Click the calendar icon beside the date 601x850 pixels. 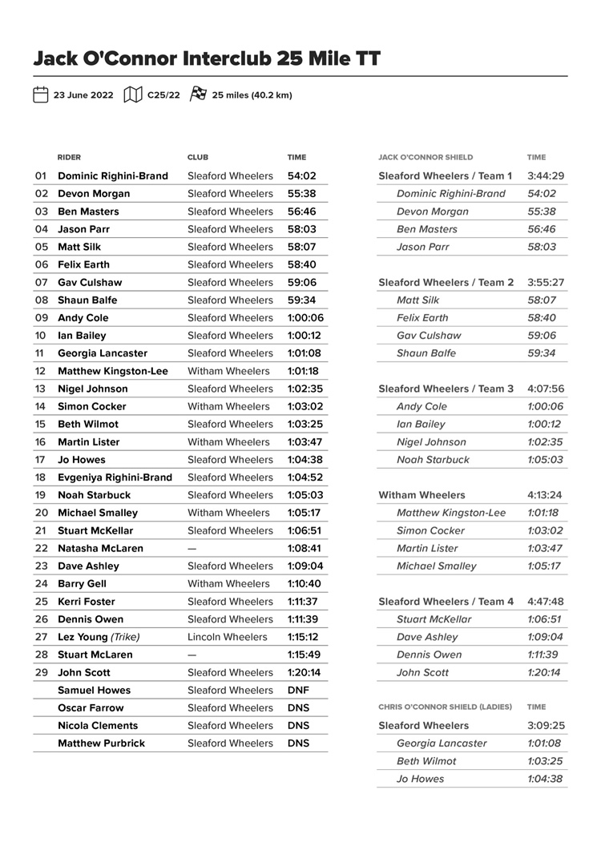click(40, 95)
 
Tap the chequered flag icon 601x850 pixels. click(198, 95)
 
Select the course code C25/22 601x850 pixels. click(163, 95)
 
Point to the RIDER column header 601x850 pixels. click(69, 158)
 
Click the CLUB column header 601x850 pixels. click(198, 158)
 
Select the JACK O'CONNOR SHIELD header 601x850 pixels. click(426, 158)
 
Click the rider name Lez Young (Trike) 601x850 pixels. click(99, 637)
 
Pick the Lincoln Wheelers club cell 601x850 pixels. click(227, 637)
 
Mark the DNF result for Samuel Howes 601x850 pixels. click(298, 690)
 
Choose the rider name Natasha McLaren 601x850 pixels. click(100, 549)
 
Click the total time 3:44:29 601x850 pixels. click(546, 176)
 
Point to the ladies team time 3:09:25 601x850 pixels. click(546, 726)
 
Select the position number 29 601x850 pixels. click(42, 672)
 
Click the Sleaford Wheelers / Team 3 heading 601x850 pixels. click(446, 389)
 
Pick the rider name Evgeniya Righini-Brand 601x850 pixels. click(115, 477)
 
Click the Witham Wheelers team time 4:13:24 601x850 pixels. click(546, 495)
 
